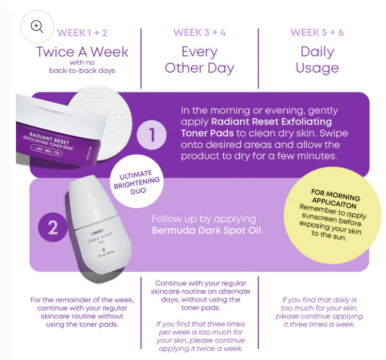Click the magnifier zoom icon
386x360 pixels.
(37, 26)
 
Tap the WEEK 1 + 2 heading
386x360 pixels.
(82, 33)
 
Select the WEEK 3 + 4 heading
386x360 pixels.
(200, 32)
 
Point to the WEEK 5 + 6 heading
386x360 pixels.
(317, 32)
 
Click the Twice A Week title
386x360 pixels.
(82, 52)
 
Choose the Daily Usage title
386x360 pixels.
(317, 60)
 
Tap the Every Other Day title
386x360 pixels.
(200, 60)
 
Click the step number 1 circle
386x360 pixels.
(152, 135)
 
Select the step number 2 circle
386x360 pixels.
(53, 227)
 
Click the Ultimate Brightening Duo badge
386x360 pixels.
(137, 181)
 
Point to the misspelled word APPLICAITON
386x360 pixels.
(334, 203)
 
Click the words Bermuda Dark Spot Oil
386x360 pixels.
(207, 230)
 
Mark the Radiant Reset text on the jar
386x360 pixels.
(49, 138)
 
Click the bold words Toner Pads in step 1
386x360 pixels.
(207, 133)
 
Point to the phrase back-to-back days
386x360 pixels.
(82, 71)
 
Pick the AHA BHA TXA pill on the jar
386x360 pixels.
(46, 150)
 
